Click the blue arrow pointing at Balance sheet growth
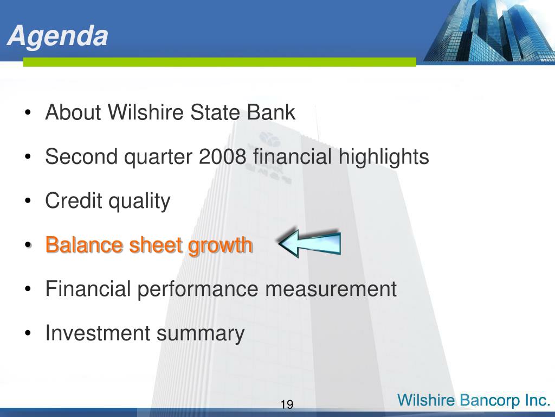pyautogui.click(x=309, y=243)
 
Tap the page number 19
pyautogui.click(x=287, y=404)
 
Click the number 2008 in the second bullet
pyautogui.click(x=222, y=156)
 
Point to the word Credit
pyautogui.click(x=74, y=201)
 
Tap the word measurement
pyautogui.click(x=331, y=289)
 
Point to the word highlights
pyautogui.click(x=384, y=157)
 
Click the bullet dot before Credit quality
pyautogui.click(x=28, y=201)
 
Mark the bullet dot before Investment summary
pyautogui.click(x=28, y=334)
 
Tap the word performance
pyautogui.click(x=198, y=289)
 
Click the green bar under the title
pyautogui.click(x=220, y=62)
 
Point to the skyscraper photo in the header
pyautogui.click(x=489, y=31)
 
